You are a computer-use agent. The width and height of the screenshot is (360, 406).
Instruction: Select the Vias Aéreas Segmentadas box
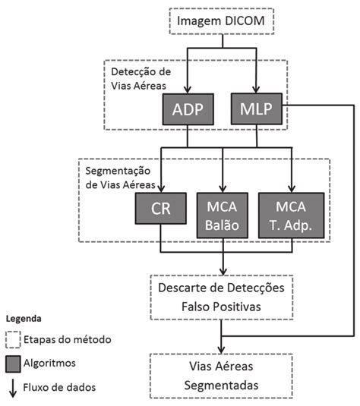(223, 374)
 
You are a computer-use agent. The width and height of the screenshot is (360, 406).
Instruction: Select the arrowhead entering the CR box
(159, 188)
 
